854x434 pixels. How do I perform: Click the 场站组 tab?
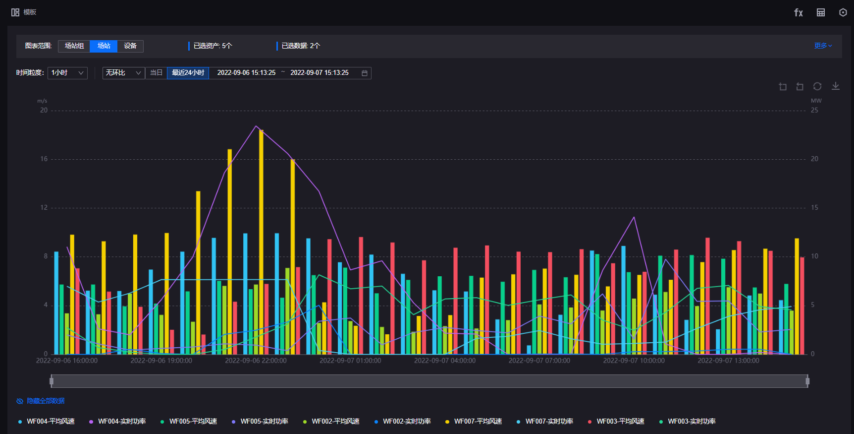[74, 46]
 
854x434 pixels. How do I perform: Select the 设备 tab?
[130, 46]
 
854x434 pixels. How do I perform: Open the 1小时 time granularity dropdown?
[68, 73]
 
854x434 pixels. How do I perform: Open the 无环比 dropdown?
[123, 73]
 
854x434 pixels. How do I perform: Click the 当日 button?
[156, 73]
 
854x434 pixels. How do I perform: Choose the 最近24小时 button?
[188, 73]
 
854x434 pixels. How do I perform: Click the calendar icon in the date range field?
[365, 73]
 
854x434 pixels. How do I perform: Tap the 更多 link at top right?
[822, 46]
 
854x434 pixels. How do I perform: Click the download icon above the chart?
[835, 86]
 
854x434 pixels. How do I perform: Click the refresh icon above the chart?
[817, 86]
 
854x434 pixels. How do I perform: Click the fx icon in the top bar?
[798, 12]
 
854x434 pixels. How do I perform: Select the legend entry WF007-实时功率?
[549, 422]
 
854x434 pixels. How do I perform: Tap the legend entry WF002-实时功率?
[406, 422]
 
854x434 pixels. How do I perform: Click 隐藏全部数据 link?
[46, 401]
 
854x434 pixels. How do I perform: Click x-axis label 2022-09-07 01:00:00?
[350, 361]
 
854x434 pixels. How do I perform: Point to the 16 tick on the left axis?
[44, 159]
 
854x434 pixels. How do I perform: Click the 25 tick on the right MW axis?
[814, 111]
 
